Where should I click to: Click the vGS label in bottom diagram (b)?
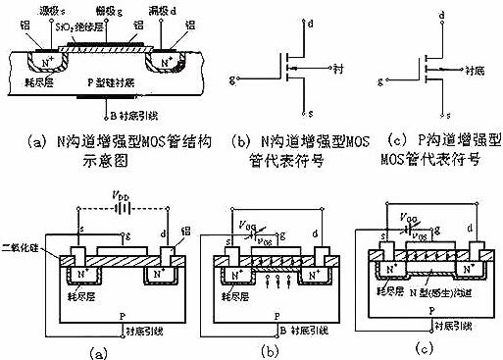tap(254, 235)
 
